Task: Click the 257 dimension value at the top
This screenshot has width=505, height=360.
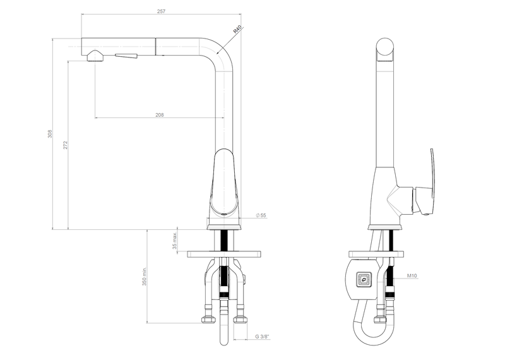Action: click(x=161, y=11)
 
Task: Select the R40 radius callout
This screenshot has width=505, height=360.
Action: click(x=237, y=29)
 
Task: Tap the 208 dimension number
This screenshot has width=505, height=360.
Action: click(x=159, y=114)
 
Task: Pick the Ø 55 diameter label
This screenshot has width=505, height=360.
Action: click(x=261, y=215)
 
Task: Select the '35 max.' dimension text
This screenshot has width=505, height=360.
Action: click(x=175, y=240)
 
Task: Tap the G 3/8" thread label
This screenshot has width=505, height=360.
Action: click(x=262, y=337)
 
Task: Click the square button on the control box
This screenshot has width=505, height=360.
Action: click(x=364, y=278)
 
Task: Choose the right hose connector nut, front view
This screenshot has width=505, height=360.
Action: click(x=239, y=319)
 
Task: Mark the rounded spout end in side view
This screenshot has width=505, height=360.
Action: click(x=384, y=51)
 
